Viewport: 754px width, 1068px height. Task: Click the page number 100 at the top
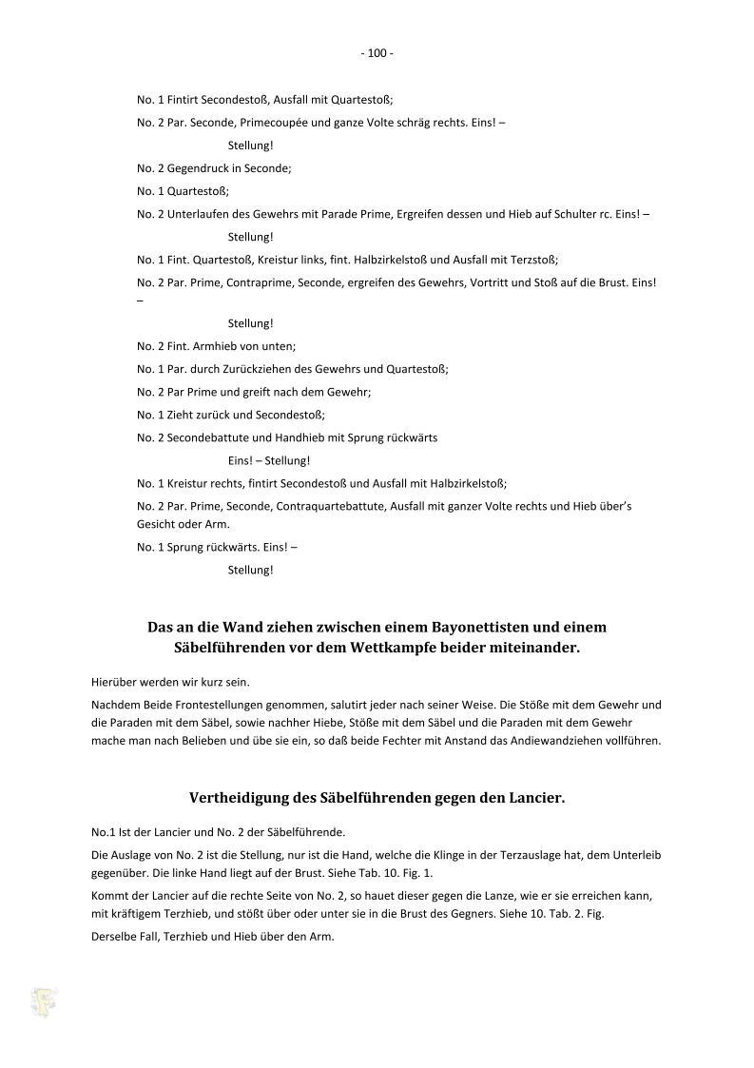[x=377, y=54]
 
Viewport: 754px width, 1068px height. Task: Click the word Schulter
[x=565, y=214]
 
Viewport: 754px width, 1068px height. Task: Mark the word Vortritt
[x=493, y=282]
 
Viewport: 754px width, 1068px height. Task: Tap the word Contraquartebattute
[x=336, y=506]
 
